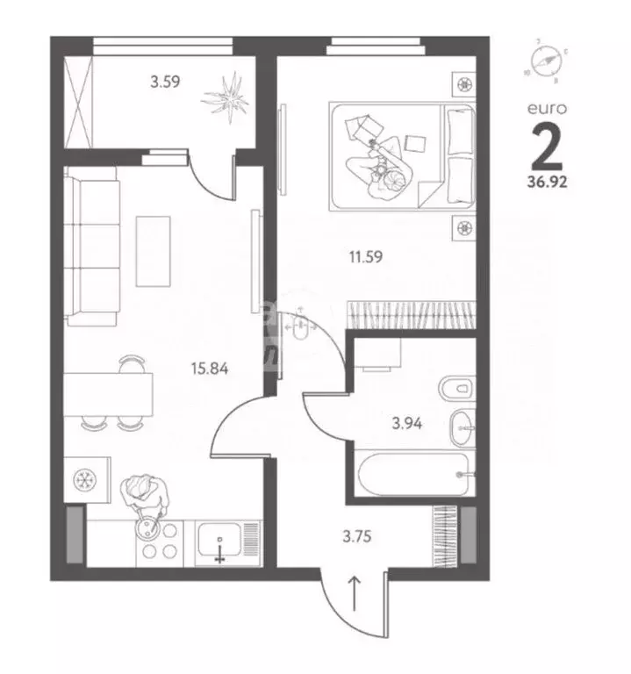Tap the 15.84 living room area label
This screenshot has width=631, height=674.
pos(210,369)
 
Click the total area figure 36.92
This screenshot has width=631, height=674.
pos(547,185)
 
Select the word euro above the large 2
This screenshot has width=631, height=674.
pos(546,108)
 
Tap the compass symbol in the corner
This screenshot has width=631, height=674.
pos(547,62)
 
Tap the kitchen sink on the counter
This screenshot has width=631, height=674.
pos(218,543)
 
